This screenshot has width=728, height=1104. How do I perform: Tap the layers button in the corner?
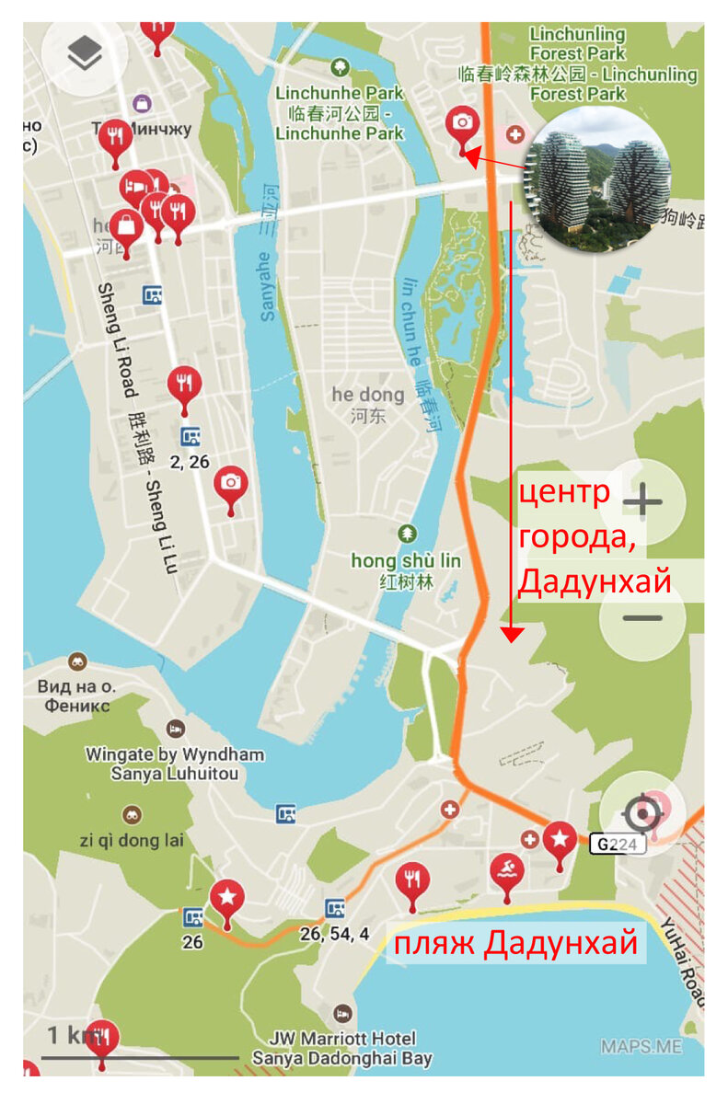[x=85, y=57]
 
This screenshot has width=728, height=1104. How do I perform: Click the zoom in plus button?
[x=642, y=502]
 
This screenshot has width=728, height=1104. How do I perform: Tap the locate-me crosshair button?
[x=641, y=814]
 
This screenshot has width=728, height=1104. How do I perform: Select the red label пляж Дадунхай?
[x=516, y=944]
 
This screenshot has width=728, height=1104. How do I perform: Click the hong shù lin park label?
[x=407, y=561]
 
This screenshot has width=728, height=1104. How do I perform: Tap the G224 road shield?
[x=617, y=844]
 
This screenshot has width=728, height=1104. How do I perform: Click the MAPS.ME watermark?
[x=641, y=1046]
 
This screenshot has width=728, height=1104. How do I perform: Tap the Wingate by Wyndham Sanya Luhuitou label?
[x=175, y=764]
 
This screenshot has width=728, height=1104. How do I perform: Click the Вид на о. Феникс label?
[x=74, y=696]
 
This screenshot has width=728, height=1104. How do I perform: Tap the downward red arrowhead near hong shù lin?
[x=512, y=634]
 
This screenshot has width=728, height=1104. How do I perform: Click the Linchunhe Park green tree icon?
[x=341, y=66]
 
